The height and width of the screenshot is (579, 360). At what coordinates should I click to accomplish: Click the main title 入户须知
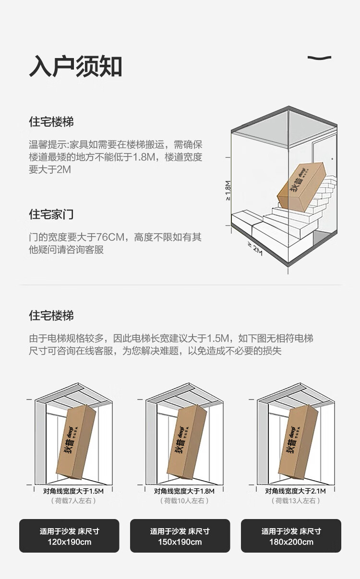coord(75,66)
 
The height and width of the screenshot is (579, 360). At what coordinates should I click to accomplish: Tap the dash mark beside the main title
coord(319,58)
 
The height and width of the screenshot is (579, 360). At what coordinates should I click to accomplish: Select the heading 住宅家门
coord(51,214)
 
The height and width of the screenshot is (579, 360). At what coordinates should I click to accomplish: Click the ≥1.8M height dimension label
coord(228,190)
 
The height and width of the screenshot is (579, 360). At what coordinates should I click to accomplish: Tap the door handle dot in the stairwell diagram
coord(332,159)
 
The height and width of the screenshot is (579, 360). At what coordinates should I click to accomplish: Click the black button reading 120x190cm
coord(69,536)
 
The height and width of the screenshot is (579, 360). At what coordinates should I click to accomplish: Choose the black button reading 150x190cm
coord(180,536)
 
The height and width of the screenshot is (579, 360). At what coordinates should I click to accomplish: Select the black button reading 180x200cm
coord(291,536)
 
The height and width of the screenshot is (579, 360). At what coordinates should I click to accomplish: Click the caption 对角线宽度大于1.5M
coord(73,491)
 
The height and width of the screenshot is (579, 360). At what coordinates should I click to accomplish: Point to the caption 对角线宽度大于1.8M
coord(184,491)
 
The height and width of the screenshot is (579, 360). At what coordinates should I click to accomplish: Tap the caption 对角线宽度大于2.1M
coord(295,491)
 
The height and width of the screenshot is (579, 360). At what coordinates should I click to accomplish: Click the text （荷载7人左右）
coord(73,501)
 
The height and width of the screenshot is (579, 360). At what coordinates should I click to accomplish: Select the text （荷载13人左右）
coord(296,501)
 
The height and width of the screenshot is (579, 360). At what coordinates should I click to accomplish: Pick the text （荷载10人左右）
coord(184,501)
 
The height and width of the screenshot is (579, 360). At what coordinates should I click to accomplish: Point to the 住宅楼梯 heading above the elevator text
coord(51,316)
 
